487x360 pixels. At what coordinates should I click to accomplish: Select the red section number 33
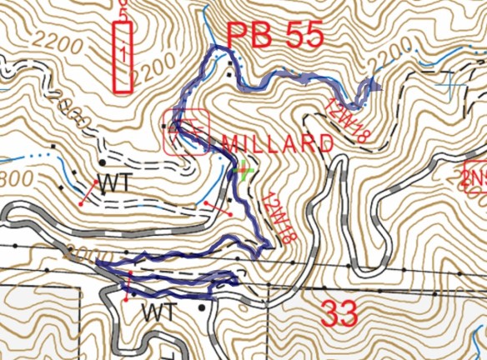pos(339,314)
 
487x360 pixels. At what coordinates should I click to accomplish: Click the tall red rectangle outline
pos(123,57)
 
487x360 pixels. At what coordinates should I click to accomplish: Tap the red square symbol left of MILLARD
pos(187,132)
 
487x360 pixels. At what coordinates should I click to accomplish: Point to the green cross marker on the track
pos(242,172)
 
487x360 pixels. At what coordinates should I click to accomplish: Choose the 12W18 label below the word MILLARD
pos(279,218)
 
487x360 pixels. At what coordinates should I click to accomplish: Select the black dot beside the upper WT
pos(101,162)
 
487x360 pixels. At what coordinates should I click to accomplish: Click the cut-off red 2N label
pos(474,177)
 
